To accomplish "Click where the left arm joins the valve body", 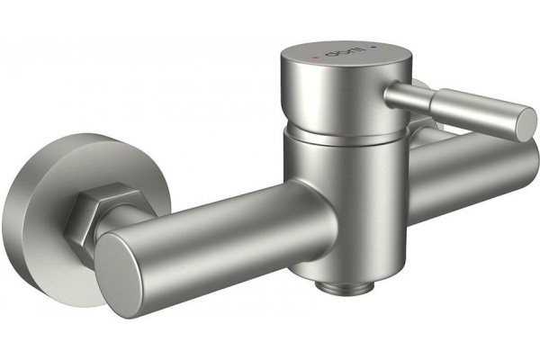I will coord(288,202).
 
